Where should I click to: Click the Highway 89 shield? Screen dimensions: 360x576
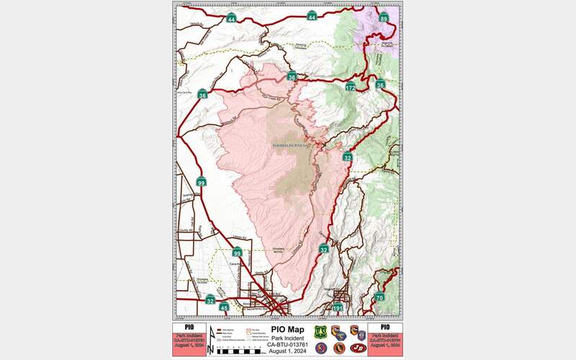click(x=384, y=18)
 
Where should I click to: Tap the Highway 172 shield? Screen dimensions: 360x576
click(x=350, y=87)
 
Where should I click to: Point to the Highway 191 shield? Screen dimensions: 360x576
click(x=338, y=309)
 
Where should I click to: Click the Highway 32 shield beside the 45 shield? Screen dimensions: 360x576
click(x=210, y=300)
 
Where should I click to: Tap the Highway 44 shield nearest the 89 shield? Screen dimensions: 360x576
click(x=311, y=17)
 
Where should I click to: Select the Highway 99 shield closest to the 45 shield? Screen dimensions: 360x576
click(x=237, y=253)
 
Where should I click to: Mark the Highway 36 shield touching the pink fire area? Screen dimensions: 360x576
click(x=292, y=76)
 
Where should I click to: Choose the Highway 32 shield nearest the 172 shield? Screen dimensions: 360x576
click(x=347, y=157)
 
